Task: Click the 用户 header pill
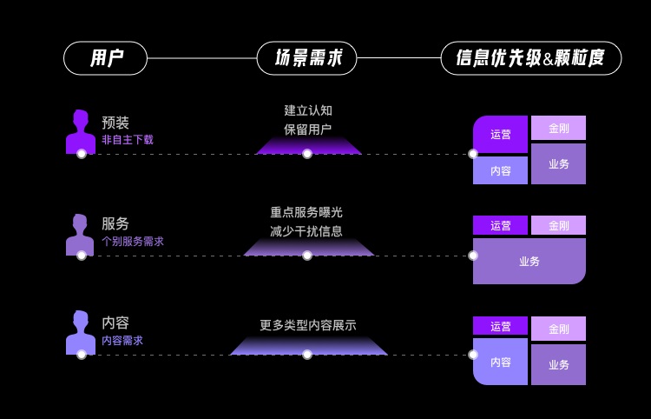tap(105, 58)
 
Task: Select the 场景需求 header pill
tap(306, 58)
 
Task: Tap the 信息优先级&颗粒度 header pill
tap(530, 58)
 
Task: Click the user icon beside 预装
tap(80, 131)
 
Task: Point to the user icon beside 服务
tap(80, 234)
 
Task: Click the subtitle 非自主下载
tap(128, 140)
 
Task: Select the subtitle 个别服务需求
tap(133, 242)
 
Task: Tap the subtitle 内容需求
tap(122, 341)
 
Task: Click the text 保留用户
tap(307, 130)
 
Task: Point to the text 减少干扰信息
tap(306, 231)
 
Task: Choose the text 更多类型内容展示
tap(307, 325)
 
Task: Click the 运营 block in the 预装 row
tap(500, 134)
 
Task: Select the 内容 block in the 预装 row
tap(500, 170)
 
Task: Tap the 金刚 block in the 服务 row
tap(558, 225)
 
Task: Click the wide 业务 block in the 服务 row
tap(529, 261)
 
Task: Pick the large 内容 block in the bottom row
tap(500, 361)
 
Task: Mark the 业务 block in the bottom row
tap(558, 364)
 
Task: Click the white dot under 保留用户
tap(307, 154)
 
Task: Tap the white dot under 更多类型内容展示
tap(307, 355)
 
